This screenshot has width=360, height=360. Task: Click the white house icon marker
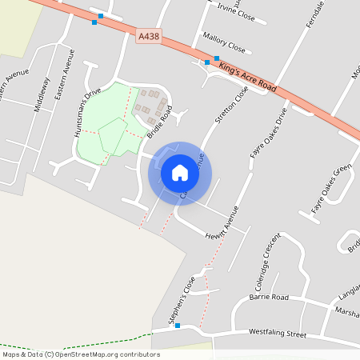[x=179, y=173]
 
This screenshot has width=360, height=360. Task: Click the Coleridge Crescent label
[x=266, y=262]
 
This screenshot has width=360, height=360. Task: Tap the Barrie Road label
[x=268, y=297]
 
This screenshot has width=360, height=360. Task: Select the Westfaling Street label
[x=278, y=331]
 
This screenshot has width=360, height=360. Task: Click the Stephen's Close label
[x=182, y=301]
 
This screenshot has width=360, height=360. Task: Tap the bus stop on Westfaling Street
[x=178, y=325]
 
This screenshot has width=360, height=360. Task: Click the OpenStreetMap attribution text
[x=80, y=354]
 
